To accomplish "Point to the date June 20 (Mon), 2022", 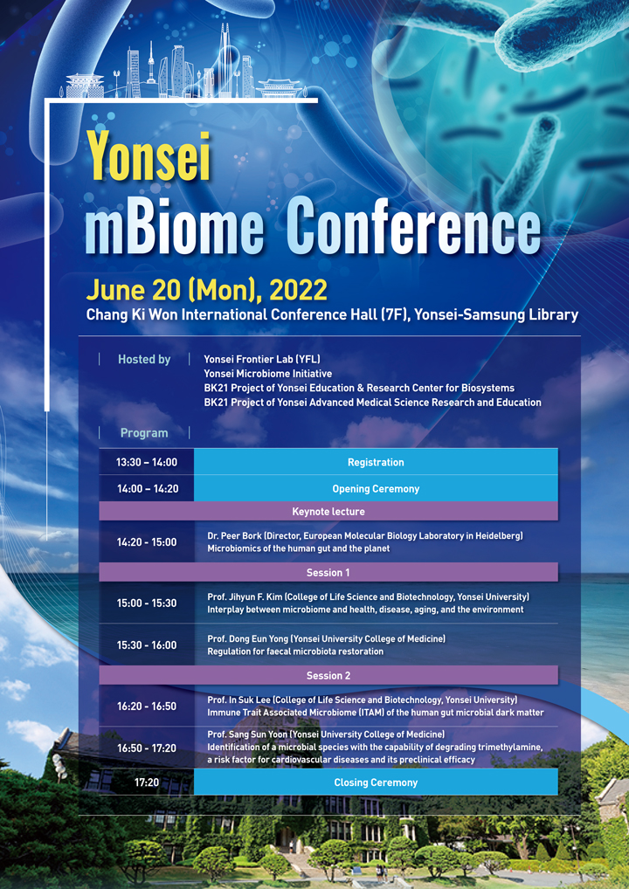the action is click(206, 290).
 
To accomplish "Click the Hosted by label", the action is click(144, 360).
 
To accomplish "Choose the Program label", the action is click(144, 433).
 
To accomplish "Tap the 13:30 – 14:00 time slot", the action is click(147, 462).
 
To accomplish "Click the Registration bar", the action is click(376, 461).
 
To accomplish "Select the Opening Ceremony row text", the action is click(376, 489).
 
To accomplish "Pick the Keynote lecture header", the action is click(328, 512).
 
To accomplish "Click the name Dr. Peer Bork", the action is click(233, 536).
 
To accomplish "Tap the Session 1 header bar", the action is click(328, 573).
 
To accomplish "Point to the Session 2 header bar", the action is click(328, 675).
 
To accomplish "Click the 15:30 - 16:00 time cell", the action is click(147, 645).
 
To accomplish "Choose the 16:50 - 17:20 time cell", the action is click(147, 748).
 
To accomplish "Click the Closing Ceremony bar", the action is click(376, 782).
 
